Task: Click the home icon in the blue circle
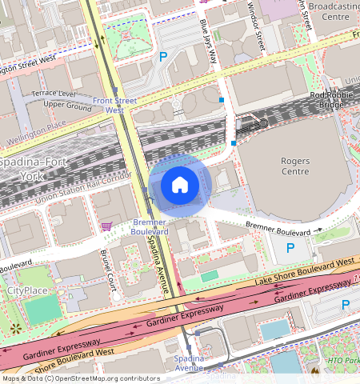click(180, 185)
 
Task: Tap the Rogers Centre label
click(294, 166)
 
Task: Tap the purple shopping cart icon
click(106, 226)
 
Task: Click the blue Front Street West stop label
click(114, 105)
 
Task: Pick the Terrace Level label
click(52, 94)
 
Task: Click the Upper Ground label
click(67, 105)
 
